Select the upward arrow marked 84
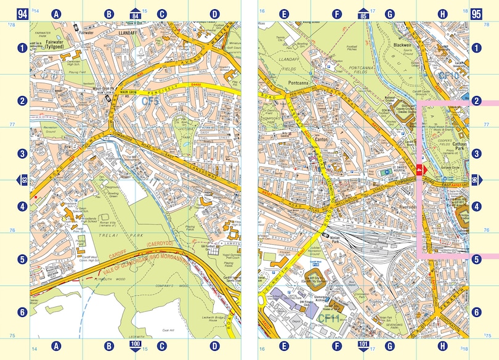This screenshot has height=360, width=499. click(136, 14)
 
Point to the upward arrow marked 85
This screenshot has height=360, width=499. click(363, 14)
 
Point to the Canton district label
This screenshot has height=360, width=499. click(324, 139)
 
